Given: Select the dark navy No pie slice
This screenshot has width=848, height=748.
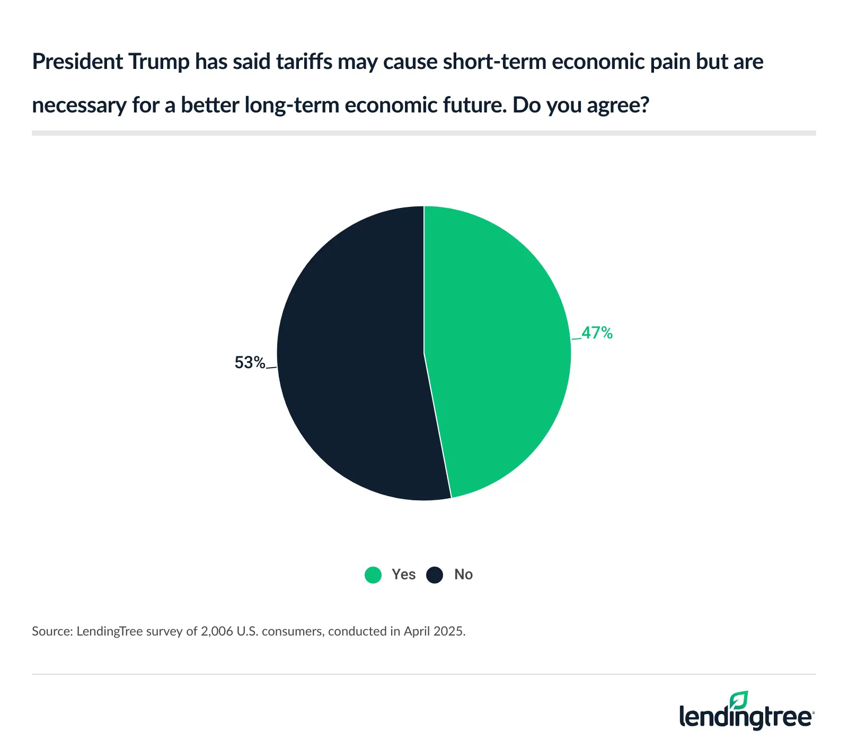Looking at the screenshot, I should coord(350,355).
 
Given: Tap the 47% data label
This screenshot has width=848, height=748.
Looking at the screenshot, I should coord(597,333).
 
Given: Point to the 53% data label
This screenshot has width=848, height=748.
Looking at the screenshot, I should coord(250,362).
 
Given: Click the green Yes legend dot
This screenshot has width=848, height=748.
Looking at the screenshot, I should coord(373,575).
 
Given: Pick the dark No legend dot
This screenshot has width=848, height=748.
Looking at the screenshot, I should coord(435,575).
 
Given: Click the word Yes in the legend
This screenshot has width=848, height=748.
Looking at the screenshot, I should coord(403,575).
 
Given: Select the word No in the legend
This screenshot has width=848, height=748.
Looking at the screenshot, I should coord(463,575).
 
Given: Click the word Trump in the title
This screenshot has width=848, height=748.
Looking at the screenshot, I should coord(158,62).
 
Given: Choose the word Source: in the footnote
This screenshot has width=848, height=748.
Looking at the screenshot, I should coord(52,631).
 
